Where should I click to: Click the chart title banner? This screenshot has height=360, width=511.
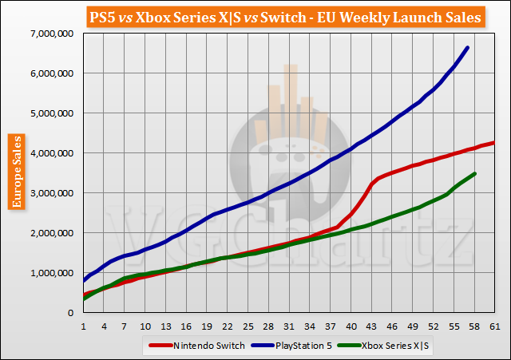(x=255, y=16)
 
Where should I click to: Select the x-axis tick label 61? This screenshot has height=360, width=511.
(x=494, y=326)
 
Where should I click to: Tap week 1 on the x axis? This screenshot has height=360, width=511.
(x=83, y=326)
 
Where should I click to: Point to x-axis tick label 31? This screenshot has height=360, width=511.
(x=288, y=326)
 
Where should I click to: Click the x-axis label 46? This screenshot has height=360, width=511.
(x=391, y=326)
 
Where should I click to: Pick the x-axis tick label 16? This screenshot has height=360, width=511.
(x=185, y=326)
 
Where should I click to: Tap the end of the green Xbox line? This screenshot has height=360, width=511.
(x=475, y=173)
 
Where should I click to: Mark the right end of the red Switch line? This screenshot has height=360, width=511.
(x=494, y=143)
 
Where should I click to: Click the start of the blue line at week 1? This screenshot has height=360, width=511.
(x=84, y=280)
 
